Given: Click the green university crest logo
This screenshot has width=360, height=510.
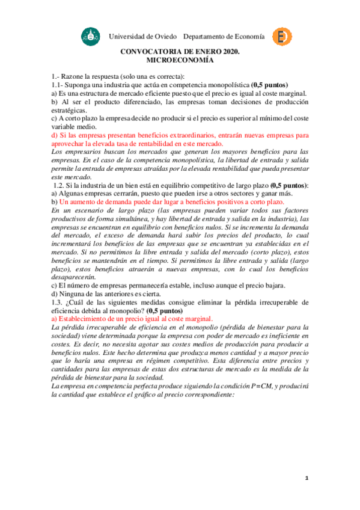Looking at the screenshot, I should [x=88, y=37].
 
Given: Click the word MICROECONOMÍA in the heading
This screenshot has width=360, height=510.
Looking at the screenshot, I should [x=180, y=61].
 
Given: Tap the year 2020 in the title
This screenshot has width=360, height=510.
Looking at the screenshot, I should [x=227, y=52].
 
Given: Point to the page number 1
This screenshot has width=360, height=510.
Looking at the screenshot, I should [x=306, y=478].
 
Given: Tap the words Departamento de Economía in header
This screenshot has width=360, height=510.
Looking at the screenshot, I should [x=224, y=37].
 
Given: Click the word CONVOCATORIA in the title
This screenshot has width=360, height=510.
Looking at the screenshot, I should [x=156, y=52].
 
